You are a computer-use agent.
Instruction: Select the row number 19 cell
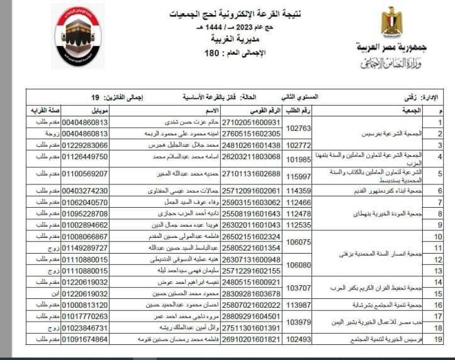point(441,339)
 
